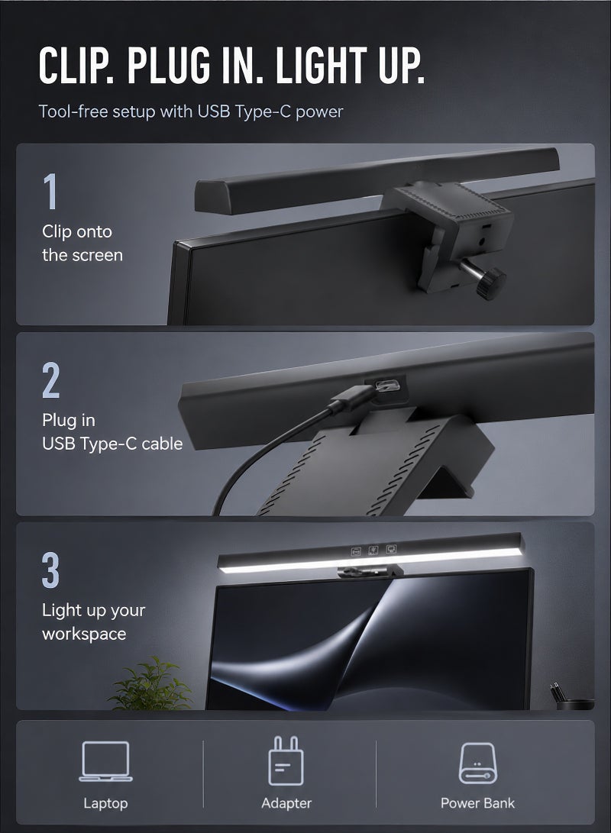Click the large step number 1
tap(50, 191)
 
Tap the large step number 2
tap(51, 379)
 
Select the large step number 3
tap(50, 570)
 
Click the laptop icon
tap(105, 761)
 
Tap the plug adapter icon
tap(286, 760)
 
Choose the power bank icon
tap(477, 763)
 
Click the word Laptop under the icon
tap(105, 803)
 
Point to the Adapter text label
tap(286, 803)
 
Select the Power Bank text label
tap(477, 802)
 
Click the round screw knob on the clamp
tap(490, 283)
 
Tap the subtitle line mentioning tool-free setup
tap(191, 111)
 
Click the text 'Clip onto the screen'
tap(82, 244)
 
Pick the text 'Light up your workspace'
tap(93, 622)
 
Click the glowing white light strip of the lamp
tap(369, 560)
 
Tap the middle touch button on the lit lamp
tap(373, 550)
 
